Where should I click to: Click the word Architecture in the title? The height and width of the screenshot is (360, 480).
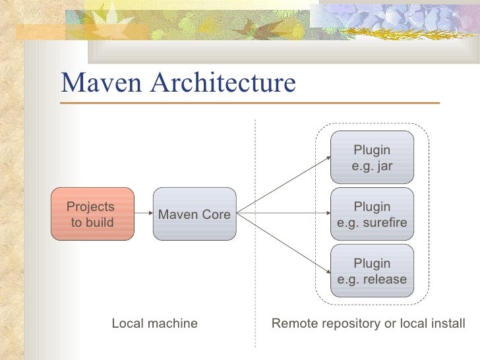pos(224,83)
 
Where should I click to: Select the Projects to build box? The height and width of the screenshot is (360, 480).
pos(92,214)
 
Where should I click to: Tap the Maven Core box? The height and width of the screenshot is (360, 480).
pos(195,214)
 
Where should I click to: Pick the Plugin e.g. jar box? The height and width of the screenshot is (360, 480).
pos(372,158)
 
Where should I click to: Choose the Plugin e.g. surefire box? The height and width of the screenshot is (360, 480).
pos(372,214)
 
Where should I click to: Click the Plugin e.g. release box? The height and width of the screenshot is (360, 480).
pos(372,271)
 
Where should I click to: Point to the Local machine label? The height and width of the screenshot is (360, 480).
pos(154,323)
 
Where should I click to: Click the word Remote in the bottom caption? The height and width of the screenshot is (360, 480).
pos(292,323)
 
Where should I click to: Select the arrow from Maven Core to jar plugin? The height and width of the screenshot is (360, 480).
pos(284,185)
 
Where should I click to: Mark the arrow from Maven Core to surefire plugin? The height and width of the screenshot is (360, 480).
pos(284,214)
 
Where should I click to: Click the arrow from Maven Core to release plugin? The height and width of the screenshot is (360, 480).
pos(284,242)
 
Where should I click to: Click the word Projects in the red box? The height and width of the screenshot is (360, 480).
pos(90,206)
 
